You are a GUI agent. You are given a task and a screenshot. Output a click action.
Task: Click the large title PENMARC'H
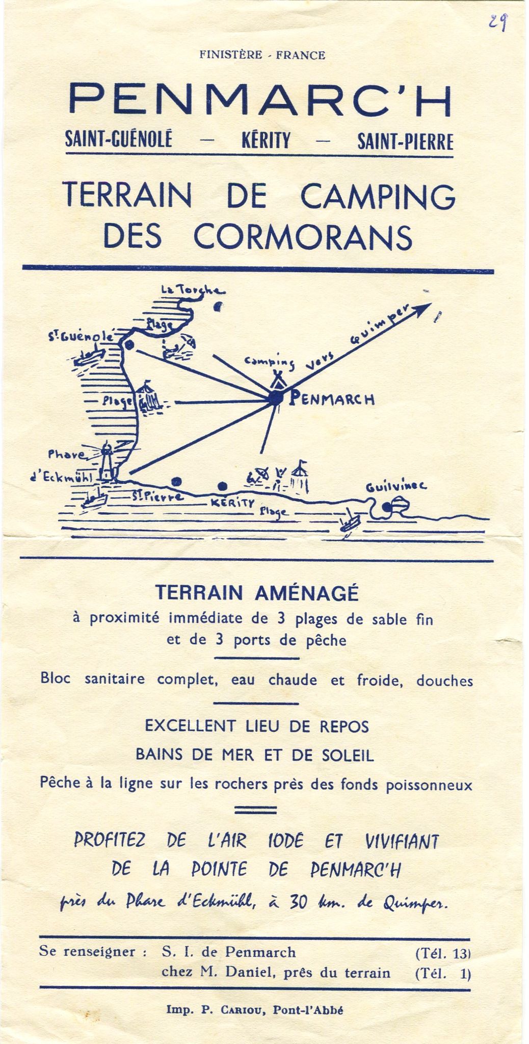(260, 101)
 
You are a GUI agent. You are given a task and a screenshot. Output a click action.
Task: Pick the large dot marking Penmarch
(275, 400)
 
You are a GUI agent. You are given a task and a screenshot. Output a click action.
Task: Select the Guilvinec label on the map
(396, 488)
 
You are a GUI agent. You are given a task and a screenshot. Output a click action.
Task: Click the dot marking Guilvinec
(387, 507)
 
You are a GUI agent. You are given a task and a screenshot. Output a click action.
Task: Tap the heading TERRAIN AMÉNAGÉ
(257, 593)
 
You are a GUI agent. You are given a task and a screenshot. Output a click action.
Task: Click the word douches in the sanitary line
(444, 680)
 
